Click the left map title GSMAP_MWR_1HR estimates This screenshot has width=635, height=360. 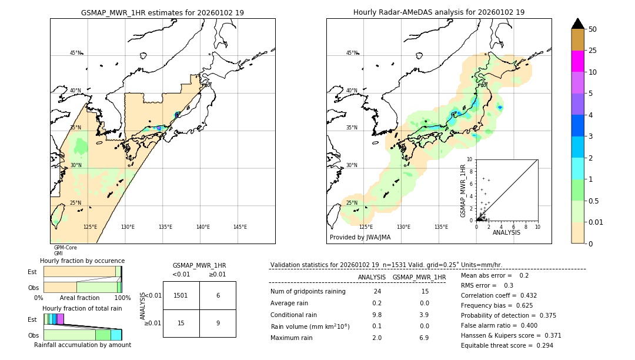(x=162, y=12)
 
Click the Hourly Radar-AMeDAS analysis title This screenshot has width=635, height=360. (x=439, y=12)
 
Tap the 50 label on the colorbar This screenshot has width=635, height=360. (x=593, y=29)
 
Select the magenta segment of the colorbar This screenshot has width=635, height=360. (x=577, y=61)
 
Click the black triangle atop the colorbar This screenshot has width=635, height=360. (x=577, y=24)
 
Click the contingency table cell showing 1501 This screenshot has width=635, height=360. (x=181, y=295)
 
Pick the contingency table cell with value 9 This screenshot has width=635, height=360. (x=218, y=323)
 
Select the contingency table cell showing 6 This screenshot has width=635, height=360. (x=218, y=295)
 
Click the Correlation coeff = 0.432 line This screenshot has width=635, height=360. (x=499, y=296)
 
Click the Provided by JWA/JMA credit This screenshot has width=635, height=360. (x=360, y=238)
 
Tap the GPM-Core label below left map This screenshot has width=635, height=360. (x=65, y=248)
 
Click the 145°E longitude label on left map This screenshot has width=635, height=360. (x=240, y=227)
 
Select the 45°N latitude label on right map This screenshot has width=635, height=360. (x=352, y=53)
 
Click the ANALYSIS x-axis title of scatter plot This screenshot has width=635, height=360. (x=506, y=233)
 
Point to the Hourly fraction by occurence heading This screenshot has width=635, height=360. (x=82, y=261)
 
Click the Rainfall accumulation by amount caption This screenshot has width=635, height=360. (x=82, y=345)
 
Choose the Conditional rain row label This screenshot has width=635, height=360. (x=294, y=315)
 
